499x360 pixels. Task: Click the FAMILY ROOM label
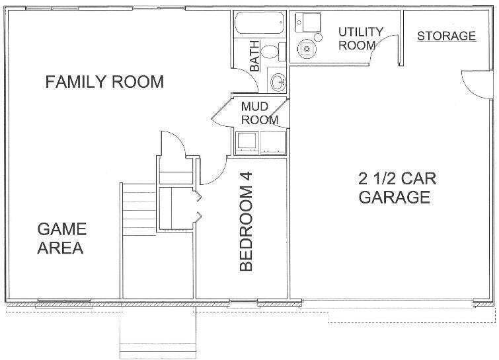click(104, 82)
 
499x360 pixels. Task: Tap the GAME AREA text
click(61, 238)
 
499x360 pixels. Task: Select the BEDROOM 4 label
click(246, 229)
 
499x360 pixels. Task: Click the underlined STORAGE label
click(446, 36)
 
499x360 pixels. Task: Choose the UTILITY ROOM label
click(361, 38)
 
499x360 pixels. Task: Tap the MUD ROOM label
click(258, 112)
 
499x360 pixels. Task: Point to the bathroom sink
click(279, 82)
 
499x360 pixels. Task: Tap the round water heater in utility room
click(306, 48)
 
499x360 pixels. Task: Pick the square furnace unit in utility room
click(306, 22)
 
